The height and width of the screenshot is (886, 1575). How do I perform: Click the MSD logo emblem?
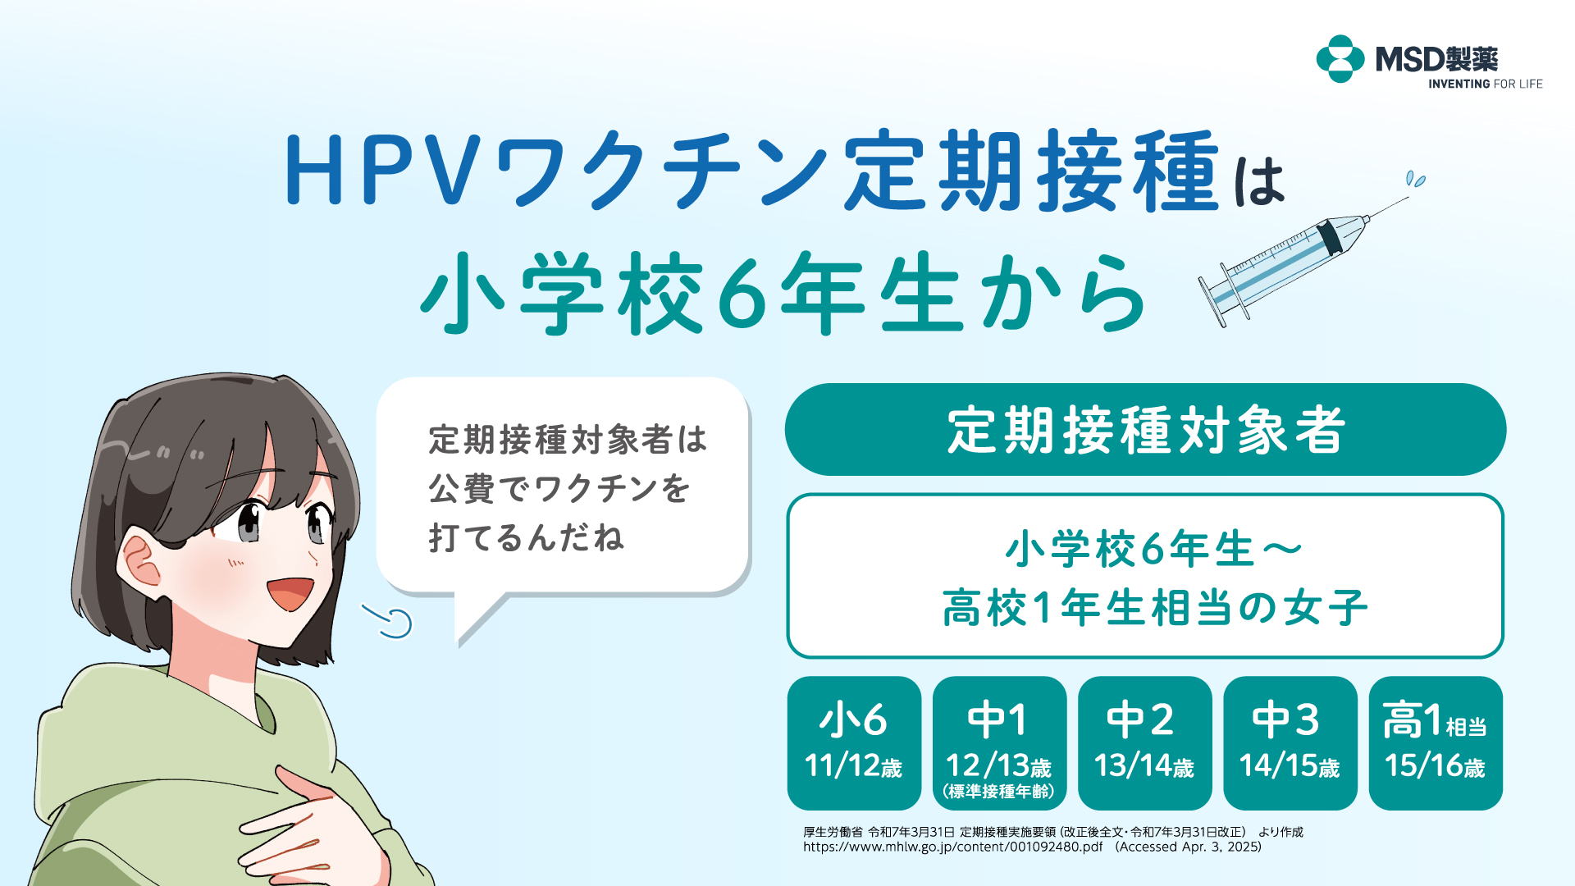click(1340, 59)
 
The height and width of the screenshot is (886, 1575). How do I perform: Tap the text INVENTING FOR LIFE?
click(1485, 84)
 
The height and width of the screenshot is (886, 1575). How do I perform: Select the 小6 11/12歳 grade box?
click(854, 743)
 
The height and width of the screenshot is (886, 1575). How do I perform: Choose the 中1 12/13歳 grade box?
click(999, 743)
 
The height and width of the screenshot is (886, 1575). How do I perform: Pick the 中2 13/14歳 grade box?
click(1144, 743)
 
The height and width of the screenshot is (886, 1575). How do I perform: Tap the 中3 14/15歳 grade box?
click(1290, 743)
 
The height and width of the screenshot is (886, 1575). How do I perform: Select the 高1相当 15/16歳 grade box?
click(1436, 743)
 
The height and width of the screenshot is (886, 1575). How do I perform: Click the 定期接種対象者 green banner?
click(1145, 429)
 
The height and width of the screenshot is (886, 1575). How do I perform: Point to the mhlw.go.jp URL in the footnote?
click(953, 847)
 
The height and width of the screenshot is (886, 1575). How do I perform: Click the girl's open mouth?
click(290, 593)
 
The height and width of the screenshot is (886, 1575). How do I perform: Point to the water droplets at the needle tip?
click(1416, 179)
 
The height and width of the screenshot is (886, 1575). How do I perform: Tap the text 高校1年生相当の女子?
click(1155, 608)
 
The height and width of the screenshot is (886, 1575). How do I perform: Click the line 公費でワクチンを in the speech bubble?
click(559, 489)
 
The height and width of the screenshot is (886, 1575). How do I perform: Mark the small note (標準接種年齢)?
click(999, 792)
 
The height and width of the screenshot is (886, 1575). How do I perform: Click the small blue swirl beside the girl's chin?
click(388, 621)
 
